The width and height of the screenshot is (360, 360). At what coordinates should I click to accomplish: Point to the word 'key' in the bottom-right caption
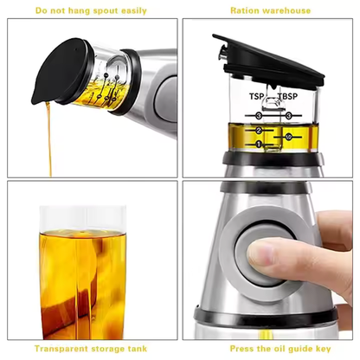pyautogui.click(x=324, y=349)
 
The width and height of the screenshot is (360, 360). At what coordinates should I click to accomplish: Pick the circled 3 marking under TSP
pyautogui.click(x=258, y=114)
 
